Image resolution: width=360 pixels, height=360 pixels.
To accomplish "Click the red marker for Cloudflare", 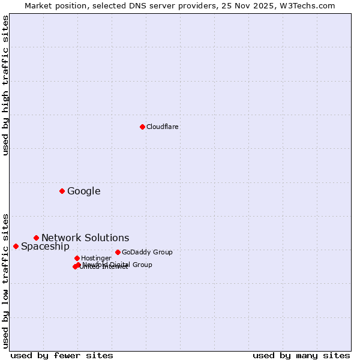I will pos(142,127).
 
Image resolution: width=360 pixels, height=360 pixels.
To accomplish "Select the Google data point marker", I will pos(62,191).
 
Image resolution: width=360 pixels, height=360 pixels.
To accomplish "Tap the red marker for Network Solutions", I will pos(36,238).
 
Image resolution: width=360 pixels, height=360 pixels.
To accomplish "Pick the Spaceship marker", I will pos(16,246).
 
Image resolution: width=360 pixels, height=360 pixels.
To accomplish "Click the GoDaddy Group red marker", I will pos(118,252).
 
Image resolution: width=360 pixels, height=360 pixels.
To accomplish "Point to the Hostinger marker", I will pos(77,258).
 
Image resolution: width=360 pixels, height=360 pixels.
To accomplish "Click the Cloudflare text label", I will pos(163,127).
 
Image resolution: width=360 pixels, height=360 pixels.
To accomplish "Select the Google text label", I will pos(84,191).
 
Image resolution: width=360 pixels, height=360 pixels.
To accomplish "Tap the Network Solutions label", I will pos(85,238).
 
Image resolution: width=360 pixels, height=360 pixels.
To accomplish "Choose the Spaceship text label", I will pos(45,247).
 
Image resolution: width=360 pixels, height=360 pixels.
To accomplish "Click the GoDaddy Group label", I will pos(147,252).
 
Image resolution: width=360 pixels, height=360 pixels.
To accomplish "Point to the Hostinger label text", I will pos(96,258).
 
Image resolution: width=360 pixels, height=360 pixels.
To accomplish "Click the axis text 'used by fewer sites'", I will pos(62,355).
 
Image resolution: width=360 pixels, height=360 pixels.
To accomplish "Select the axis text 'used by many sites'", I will pos(301,355).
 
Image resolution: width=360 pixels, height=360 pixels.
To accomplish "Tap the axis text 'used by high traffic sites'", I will pos(6,85).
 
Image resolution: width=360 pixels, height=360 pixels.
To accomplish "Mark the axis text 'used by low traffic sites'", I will pos(6,280).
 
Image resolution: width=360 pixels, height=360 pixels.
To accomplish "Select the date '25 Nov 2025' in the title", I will pos(253,5).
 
